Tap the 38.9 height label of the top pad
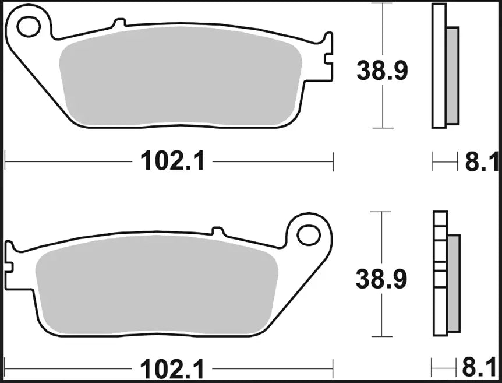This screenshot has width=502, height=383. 382,71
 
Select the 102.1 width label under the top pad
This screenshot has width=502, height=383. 172,161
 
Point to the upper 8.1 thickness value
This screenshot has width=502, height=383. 480,162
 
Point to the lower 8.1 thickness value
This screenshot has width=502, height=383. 480,369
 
